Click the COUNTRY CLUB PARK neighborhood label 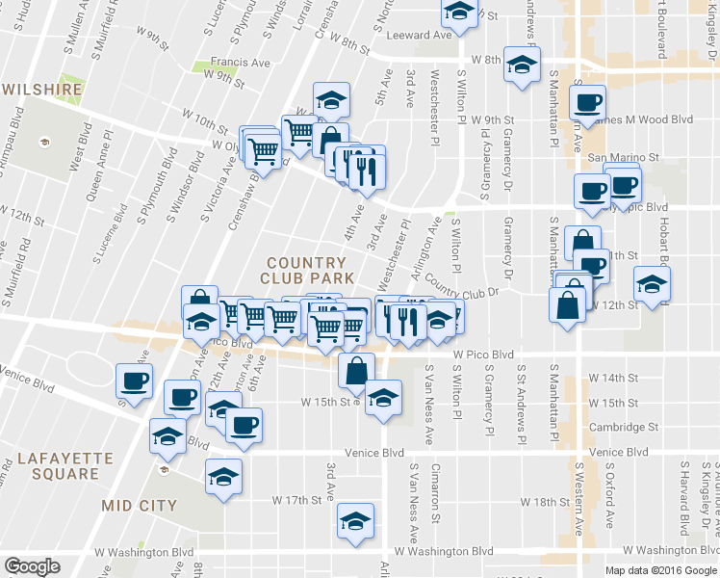[x=305, y=270]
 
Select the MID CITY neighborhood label [x=140, y=505]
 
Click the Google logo [x=33, y=565]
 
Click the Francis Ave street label [x=240, y=63]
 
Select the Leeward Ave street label [x=419, y=35]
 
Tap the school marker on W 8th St [x=523, y=66]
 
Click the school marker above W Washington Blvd [x=355, y=521]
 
